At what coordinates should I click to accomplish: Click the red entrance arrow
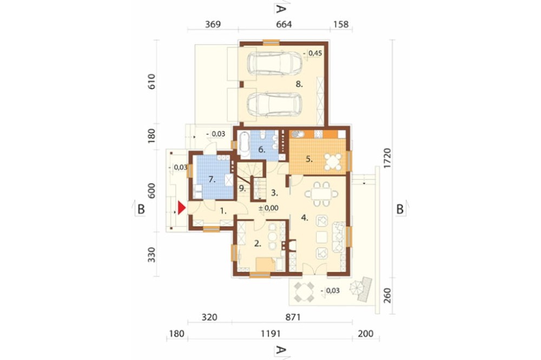[181, 208]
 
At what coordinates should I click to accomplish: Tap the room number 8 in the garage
[299, 84]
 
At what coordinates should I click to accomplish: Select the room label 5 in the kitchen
[309, 159]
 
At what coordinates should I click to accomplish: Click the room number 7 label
[212, 179]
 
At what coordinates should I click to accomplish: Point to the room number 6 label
[261, 150]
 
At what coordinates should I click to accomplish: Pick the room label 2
[258, 243]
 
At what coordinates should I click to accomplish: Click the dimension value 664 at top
[284, 24]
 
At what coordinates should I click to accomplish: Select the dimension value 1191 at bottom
[270, 334]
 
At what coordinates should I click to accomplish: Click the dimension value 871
[293, 317]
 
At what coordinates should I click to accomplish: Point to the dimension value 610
[151, 82]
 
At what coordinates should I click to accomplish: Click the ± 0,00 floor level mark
[268, 208]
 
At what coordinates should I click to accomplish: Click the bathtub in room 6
[245, 145]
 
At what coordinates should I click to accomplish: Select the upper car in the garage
[274, 63]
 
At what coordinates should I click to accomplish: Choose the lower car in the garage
[274, 104]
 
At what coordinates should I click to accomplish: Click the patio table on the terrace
[304, 292]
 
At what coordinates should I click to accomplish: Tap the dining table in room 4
[321, 194]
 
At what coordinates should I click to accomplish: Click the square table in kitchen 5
[333, 162]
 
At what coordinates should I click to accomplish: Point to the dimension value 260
[387, 296]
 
